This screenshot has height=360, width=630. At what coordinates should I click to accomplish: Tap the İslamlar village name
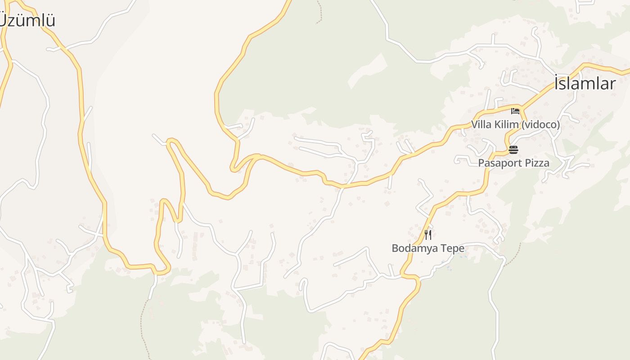pyautogui.click(x=585, y=84)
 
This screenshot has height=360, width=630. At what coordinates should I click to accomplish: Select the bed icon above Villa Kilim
pyautogui.click(x=515, y=111)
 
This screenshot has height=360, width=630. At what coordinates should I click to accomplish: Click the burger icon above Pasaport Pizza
pyautogui.click(x=513, y=149)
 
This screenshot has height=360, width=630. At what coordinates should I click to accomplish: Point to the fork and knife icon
pyautogui.click(x=428, y=234)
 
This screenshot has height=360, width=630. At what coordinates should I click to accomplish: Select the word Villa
pyautogui.click(x=481, y=125)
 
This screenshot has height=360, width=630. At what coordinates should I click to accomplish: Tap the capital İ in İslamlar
pyautogui.click(x=557, y=84)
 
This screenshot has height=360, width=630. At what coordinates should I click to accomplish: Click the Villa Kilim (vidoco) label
pyautogui.click(x=515, y=125)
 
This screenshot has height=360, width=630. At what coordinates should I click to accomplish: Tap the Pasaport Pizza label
pyautogui.click(x=513, y=163)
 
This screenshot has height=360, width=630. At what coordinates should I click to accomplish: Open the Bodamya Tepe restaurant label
pyautogui.click(x=428, y=248)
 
